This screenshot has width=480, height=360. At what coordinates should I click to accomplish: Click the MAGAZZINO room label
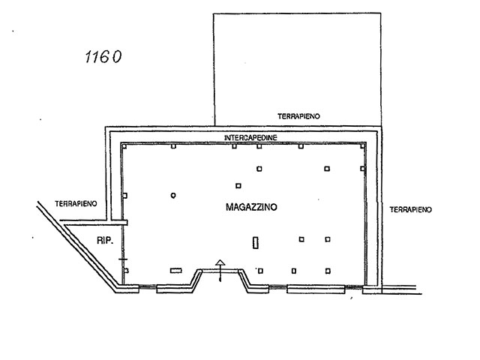coord(251,207)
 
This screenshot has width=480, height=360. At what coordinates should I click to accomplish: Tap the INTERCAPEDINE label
coord(250,138)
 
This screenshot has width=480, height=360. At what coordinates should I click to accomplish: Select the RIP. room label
coord(105,241)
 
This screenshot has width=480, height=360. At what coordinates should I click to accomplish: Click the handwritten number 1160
coord(103,57)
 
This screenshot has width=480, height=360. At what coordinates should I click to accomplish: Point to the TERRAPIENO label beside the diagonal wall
coord(76,203)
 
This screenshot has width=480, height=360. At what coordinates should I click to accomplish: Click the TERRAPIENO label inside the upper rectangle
coord(298,116)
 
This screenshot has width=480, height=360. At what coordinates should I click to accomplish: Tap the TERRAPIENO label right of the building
coord(410,210)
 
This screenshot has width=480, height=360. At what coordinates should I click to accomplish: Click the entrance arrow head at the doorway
coord(220,262)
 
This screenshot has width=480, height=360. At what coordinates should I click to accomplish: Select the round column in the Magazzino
coord(173,195)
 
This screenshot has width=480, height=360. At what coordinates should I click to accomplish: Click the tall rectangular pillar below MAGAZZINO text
coord(255,243)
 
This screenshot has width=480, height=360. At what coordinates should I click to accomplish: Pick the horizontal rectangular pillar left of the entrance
coord(176,270)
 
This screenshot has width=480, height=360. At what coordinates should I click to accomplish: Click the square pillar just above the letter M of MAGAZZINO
coord(238,186)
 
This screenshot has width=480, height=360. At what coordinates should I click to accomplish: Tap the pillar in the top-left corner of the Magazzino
coord(124,146)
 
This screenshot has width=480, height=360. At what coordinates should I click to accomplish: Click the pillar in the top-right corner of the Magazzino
coord(362,146)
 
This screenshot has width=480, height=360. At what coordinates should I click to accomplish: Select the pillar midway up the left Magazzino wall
coord(125,195)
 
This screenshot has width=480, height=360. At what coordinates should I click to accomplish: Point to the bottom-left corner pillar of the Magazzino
coord(126,271)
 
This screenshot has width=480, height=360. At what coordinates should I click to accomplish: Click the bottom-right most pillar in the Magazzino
coord(328,271)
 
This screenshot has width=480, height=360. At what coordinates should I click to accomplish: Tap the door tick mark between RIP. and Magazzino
coord(123,259)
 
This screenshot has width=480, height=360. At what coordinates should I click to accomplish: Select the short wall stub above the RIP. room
coord(93,223)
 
